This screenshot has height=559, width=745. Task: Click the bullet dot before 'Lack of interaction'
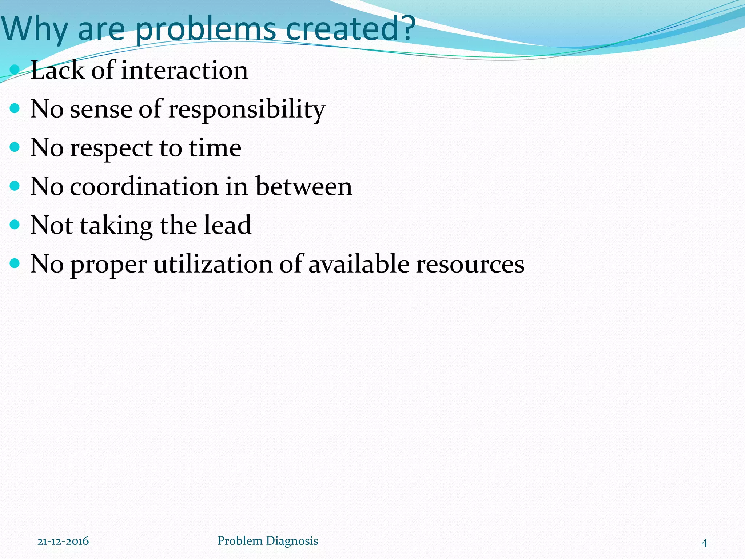(15, 69)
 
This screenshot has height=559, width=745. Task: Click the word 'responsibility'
(247, 109)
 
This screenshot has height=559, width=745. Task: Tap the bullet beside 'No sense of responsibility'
(15, 108)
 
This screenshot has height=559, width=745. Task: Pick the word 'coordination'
(144, 186)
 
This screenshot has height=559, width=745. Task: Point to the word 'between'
(304, 186)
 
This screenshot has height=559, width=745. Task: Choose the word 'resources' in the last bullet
(470, 264)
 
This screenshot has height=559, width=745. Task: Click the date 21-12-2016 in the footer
(63, 541)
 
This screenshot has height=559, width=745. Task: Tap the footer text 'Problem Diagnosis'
(268, 541)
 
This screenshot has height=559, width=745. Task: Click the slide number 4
(704, 543)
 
